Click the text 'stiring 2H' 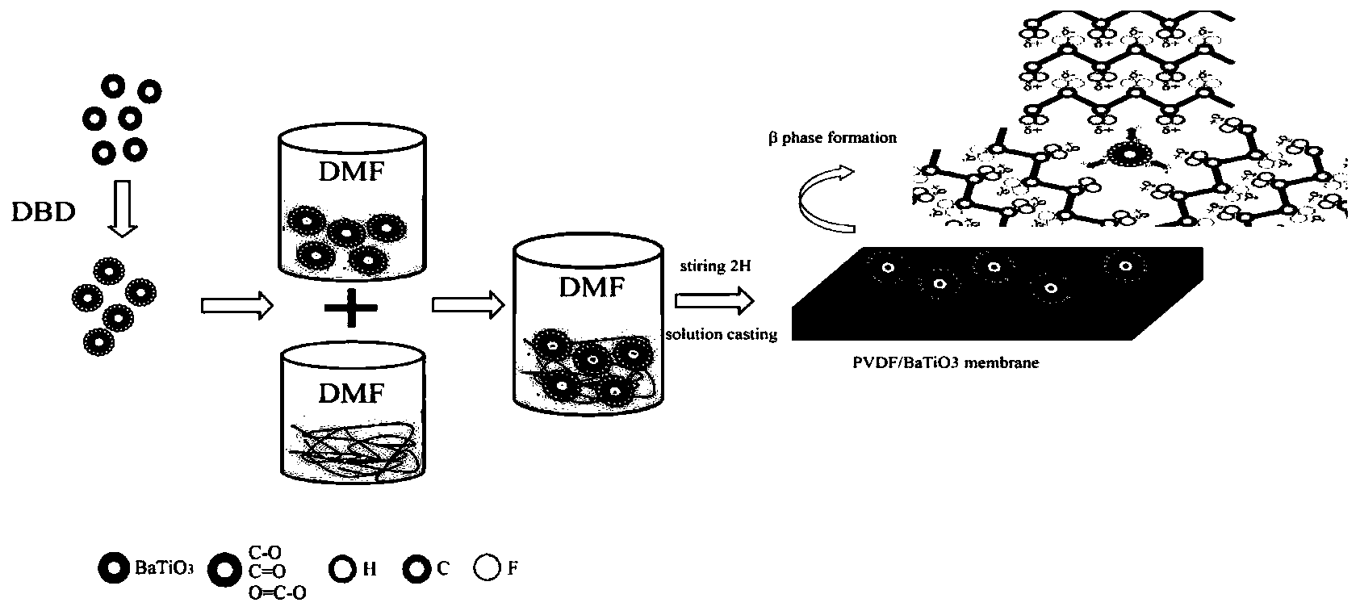[714, 266]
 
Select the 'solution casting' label [721, 334]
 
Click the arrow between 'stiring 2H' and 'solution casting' [713, 300]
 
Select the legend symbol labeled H [342, 568]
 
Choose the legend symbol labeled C [417, 568]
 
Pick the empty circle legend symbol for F [488, 568]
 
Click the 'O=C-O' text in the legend [270, 593]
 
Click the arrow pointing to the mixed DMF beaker [468, 305]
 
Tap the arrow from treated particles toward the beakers [236, 305]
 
